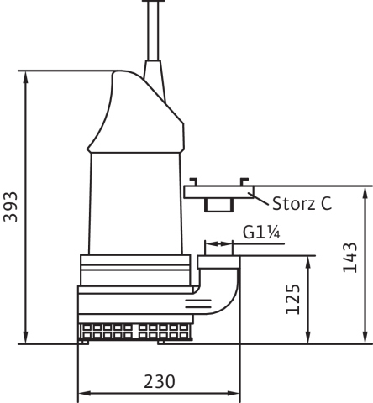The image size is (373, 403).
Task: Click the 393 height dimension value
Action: click(11, 207)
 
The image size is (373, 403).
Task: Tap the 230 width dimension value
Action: click(160, 381)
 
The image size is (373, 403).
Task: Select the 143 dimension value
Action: click(350, 258)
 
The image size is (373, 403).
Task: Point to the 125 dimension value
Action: click(293, 299)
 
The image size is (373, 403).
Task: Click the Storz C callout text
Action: click(302, 203)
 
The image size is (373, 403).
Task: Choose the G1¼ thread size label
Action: click(261, 233)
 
